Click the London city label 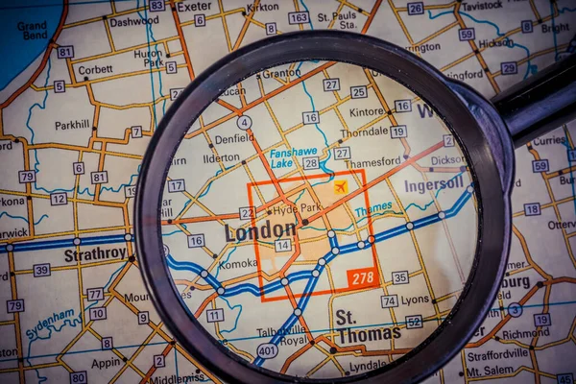[260, 231]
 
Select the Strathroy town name [95, 255]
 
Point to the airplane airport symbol [341, 187]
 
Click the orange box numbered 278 [362, 278]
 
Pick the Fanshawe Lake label [294, 158]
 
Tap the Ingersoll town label [433, 185]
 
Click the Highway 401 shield [268, 352]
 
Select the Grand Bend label [32, 31]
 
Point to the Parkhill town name [72, 125]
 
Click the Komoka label [237, 263]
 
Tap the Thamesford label [372, 162]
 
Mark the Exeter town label [194, 6]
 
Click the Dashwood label [133, 21]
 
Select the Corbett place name [94, 69]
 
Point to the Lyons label [416, 300]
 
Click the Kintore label [367, 112]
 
